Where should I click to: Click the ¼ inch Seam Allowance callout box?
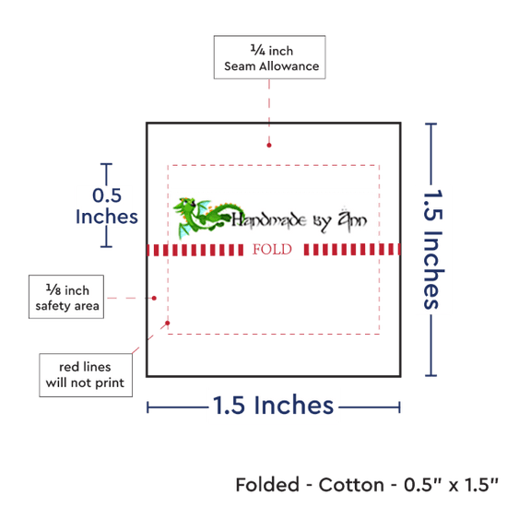click(269, 57)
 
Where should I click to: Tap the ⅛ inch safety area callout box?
click(66, 297)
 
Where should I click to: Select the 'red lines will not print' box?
click(86, 375)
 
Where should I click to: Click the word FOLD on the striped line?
click(272, 250)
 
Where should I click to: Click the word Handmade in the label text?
click(269, 220)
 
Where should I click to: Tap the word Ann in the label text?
click(352, 218)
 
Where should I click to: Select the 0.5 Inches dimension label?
click(107, 206)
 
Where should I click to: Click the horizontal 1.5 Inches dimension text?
click(273, 406)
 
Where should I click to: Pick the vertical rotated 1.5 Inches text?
click(433, 249)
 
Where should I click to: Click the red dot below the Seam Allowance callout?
click(269, 145)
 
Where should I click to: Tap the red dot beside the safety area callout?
click(154, 298)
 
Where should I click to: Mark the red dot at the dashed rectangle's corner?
click(168, 323)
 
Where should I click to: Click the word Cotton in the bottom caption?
click(351, 485)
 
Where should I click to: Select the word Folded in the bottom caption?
click(267, 485)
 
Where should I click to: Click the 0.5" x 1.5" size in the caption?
click(451, 485)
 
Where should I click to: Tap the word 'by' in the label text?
click(322, 221)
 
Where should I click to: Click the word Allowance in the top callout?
click(289, 66)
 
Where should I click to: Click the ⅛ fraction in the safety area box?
click(53, 289)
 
